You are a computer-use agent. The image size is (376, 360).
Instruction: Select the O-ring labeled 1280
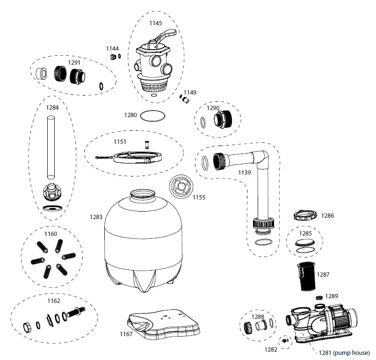[x=153, y=115]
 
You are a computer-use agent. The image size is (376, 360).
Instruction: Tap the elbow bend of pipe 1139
[x=262, y=157]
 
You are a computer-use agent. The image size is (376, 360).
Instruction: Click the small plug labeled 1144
[x=112, y=57]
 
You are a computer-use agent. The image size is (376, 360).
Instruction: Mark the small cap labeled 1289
[x=319, y=298]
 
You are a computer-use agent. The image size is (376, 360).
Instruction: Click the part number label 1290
[x=213, y=108]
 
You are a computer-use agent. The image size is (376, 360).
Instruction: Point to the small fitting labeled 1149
[x=186, y=100]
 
